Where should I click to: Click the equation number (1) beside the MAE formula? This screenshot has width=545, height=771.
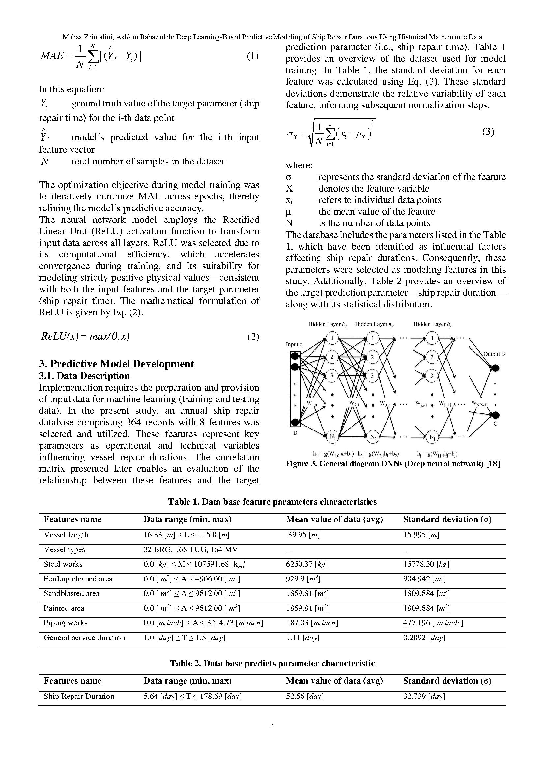[x=252, y=56]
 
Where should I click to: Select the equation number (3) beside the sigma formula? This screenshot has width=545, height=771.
[x=488, y=132]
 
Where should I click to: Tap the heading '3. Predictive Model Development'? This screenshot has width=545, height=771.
[x=116, y=364]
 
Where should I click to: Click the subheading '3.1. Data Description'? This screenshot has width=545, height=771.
[x=84, y=376]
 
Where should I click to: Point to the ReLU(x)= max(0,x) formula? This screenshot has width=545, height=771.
[x=85, y=336]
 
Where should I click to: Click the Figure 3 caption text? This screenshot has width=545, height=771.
[x=392, y=464]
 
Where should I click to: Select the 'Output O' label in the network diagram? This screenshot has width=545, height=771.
[x=494, y=354]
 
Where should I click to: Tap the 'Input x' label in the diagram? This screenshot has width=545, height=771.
[x=294, y=344]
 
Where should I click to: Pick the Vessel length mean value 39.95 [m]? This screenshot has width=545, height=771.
[x=303, y=535]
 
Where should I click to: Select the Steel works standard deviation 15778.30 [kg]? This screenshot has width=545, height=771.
[x=426, y=564]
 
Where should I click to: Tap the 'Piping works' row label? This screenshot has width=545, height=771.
[x=66, y=623]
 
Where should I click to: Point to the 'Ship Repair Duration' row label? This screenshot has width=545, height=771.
[x=79, y=697]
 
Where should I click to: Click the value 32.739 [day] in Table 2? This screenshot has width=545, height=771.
[x=424, y=697]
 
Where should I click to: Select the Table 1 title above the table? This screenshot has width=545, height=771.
[x=272, y=502]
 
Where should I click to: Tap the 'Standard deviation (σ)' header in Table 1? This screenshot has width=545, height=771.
[x=447, y=519]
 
